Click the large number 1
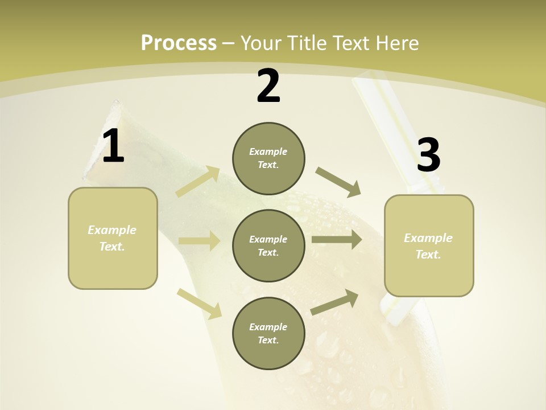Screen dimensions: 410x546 coord(113,146)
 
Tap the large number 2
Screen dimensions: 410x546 coord(268,87)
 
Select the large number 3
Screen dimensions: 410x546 coord(428,155)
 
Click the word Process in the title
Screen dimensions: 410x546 coord(179,43)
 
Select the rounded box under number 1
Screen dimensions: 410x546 coord(113,238)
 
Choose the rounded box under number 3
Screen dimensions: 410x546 coord(429,246)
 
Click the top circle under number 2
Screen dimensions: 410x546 coord(268,158)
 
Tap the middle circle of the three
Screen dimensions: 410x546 coord(268,246)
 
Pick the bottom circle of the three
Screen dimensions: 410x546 coord(268,334)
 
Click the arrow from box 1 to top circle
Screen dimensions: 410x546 coord(198,182)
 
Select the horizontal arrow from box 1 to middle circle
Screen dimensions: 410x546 coord(199,241)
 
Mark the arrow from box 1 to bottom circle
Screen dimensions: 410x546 coord(199,304)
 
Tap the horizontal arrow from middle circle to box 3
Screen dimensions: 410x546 coord(337,239)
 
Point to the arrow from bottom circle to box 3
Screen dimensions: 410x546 coord(334,302)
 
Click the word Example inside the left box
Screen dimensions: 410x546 coord(112,230)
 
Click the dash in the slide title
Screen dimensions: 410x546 coord(229,43)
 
